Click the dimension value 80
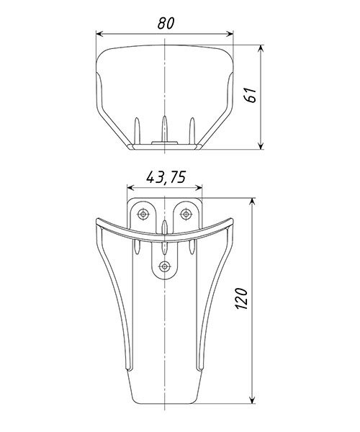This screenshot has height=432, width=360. pyautogui.click(x=166, y=24)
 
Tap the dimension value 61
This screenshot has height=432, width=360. pyautogui.click(x=251, y=95)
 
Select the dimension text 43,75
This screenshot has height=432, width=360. pyautogui.click(x=166, y=177)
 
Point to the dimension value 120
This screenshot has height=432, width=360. pyautogui.click(x=242, y=298)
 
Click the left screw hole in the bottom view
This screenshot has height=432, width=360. pyautogui.click(x=143, y=214)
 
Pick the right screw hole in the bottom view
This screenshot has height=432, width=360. pyautogui.click(x=186, y=214)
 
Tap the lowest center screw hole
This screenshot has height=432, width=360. pyautogui.click(x=164, y=266)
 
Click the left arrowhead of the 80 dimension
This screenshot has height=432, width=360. pyautogui.click(x=100, y=34)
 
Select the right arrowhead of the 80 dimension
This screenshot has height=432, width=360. pyautogui.click(x=230, y=34)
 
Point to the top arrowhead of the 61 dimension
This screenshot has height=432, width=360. pyautogui.click(x=261, y=49)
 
